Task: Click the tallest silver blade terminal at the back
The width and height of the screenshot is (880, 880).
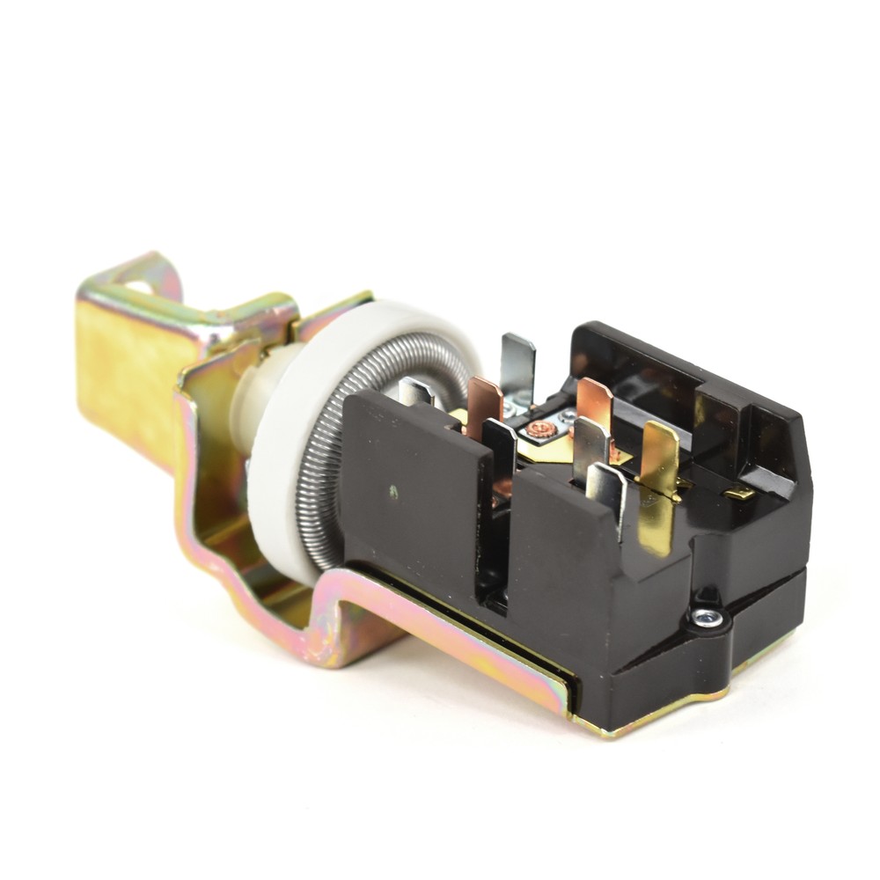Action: (x=517, y=361)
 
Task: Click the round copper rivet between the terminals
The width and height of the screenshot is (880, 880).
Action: (x=541, y=429)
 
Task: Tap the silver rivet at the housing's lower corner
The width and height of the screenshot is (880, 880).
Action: (x=707, y=618)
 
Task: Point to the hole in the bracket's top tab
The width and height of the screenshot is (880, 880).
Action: (x=139, y=286)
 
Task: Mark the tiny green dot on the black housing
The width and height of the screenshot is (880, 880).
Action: (x=393, y=490)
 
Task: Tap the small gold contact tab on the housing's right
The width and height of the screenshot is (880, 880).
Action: (x=739, y=493)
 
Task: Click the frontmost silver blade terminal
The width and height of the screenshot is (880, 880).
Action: (x=607, y=493)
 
